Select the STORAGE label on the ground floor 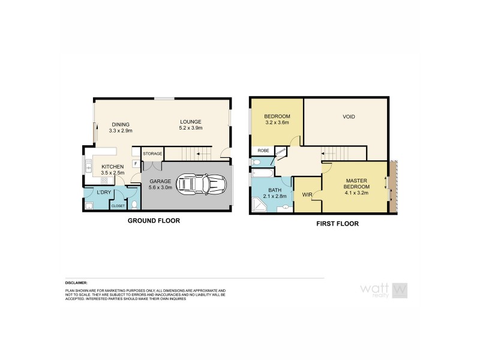152,154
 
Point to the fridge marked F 136,163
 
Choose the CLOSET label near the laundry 118,206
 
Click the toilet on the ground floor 134,205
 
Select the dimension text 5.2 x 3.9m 191,128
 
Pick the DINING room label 120,124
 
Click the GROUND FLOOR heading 154,221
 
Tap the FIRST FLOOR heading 337,224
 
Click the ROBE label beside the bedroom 263,151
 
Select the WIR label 307,194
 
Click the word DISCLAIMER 76,282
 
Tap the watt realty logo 383,290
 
